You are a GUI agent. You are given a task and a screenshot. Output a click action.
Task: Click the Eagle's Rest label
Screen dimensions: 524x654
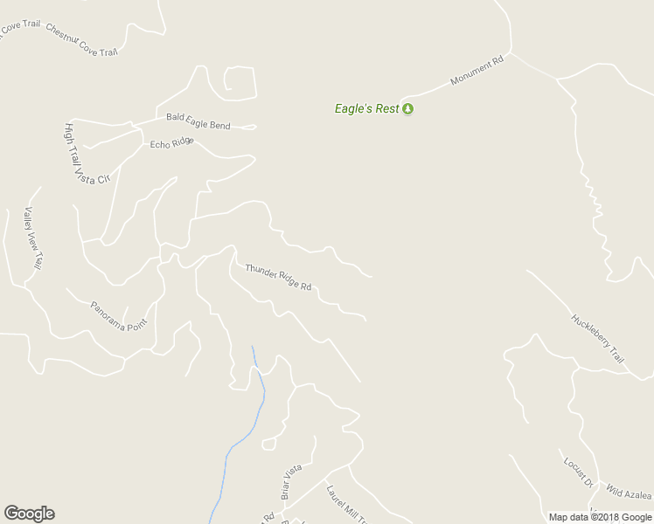tap(366, 109)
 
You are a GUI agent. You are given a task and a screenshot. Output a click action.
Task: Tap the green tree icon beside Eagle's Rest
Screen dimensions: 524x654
tap(407, 109)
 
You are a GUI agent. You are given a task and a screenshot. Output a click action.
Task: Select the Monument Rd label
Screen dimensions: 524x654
tap(477, 72)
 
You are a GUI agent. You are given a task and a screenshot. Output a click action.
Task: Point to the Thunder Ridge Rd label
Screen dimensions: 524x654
tap(278, 277)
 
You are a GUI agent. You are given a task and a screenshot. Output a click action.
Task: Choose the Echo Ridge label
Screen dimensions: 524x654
tap(171, 142)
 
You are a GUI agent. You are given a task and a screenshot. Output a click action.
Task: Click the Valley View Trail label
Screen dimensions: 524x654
tap(34, 237)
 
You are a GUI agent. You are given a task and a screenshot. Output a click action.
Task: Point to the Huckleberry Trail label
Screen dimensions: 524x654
tap(599, 339)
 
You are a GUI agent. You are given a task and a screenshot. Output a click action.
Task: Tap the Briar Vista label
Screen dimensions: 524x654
tap(290, 481)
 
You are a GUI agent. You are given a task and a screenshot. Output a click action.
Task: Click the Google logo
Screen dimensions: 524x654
tap(29, 514)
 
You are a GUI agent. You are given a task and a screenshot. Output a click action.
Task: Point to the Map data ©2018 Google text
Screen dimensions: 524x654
tap(600, 517)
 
